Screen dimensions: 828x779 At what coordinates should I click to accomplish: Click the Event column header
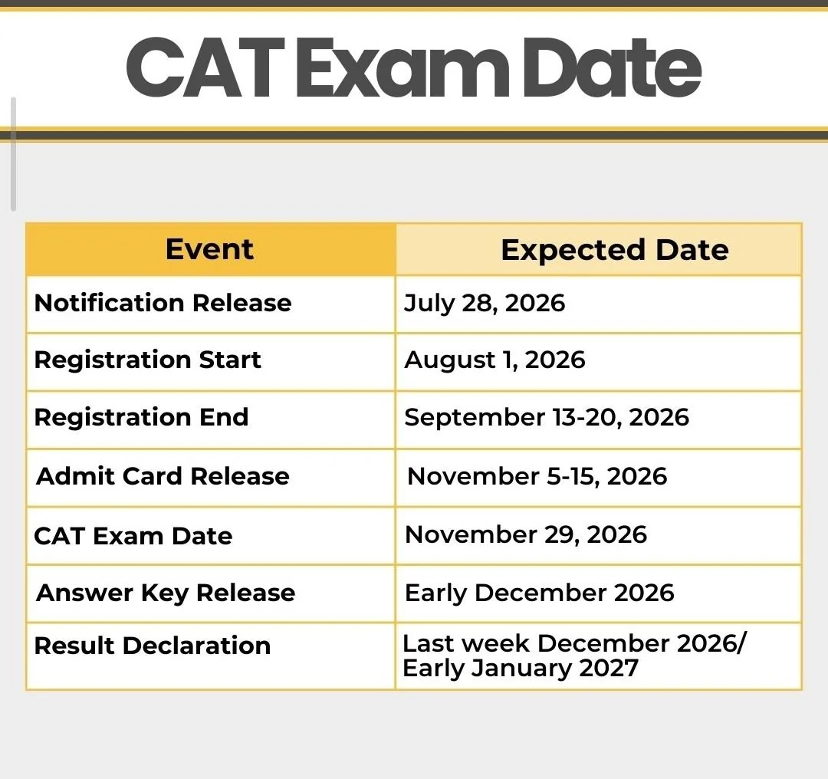click(209, 248)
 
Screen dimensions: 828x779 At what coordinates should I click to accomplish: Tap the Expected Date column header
click(615, 250)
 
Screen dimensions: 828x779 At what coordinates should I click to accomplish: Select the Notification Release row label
click(163, 303)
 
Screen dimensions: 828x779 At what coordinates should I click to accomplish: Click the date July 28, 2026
click(485, 304)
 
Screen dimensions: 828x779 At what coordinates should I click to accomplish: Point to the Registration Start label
click(147, 360)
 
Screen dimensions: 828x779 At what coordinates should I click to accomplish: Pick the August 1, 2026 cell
click(495, 360)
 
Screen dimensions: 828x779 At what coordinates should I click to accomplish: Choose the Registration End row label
click(141, 417)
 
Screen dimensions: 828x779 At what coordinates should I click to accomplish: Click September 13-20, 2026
click(547, 418)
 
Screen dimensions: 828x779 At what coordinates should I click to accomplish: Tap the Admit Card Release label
click(163, 476)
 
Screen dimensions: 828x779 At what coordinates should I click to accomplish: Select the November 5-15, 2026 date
click(537, 476)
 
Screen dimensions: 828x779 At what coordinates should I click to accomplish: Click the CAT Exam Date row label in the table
click(133, 536)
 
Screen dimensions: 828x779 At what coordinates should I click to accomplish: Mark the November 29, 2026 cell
click(525, 534)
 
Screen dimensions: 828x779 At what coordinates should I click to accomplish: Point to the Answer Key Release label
click(166, 593)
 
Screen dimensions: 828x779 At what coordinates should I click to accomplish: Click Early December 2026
click(539, 593)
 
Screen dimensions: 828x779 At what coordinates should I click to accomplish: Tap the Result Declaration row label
click(152, 646)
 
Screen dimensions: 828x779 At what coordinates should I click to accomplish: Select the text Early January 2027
click(520, 668)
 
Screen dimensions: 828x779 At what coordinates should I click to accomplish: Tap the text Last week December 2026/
click(574, 643)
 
